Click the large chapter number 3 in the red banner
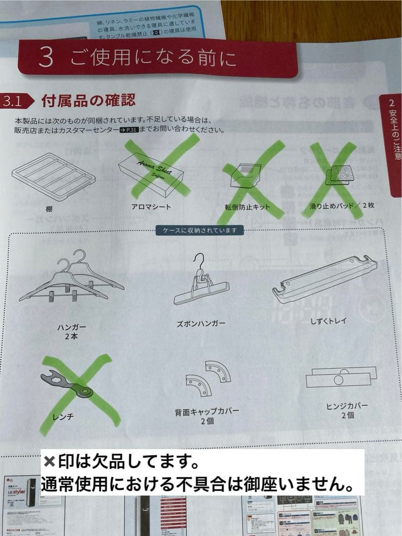coord(46,58)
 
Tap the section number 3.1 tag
coord(12,101)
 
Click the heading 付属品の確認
coord(88,101)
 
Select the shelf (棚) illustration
coord(53,176)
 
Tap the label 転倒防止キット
coord(246,207)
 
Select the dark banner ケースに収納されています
coord(200,230)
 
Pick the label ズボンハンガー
coord(201,323)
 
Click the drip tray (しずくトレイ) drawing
coord(325,278)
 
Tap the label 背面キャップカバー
coord(207,411)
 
